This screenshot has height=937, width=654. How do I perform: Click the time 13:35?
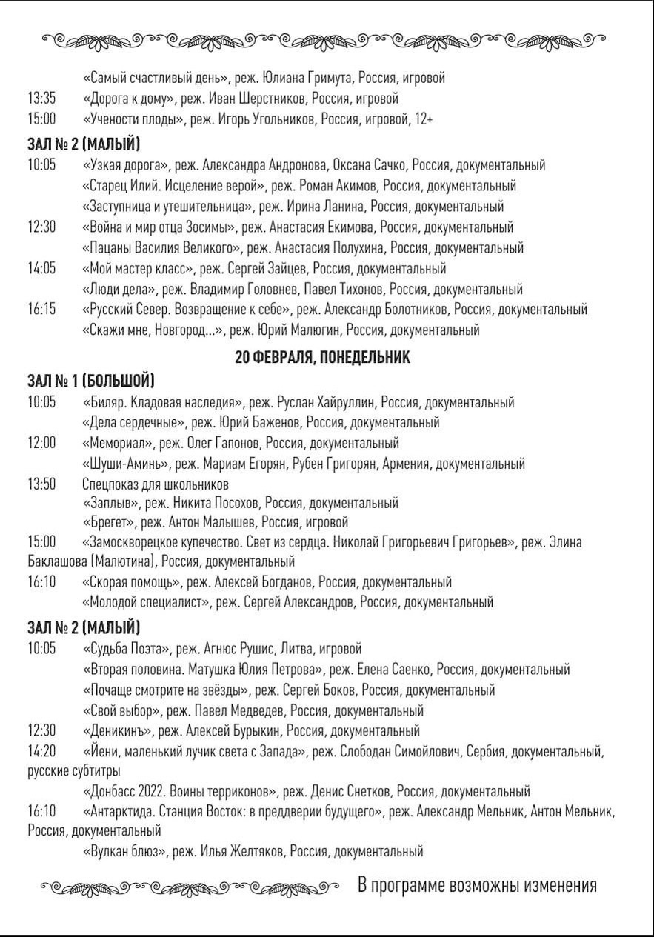[41, 99]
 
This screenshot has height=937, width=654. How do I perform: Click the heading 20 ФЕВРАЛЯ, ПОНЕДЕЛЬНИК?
[322, 358]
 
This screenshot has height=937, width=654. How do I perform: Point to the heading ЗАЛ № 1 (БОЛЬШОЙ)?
[91, 381]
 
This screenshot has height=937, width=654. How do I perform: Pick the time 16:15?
[42, 309]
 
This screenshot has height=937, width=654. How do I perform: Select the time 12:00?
[42, 443]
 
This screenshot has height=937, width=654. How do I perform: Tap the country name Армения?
[407, 464]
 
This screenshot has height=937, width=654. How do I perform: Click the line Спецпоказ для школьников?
[156, 484]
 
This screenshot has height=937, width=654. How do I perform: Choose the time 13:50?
[42, 484]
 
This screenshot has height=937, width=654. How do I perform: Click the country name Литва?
[296, 649]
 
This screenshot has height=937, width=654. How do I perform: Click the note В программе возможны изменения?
[478, 885]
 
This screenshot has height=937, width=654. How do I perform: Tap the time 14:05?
[42, 268]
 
